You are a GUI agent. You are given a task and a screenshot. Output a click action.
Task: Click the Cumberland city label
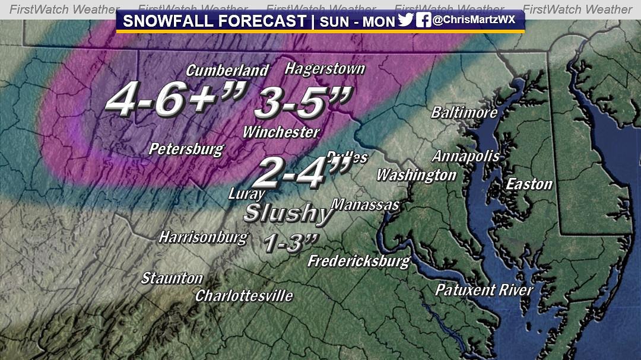[227, 71]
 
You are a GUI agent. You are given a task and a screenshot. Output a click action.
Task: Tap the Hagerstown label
[325, 68]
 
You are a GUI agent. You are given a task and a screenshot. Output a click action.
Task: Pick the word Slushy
[288, 213]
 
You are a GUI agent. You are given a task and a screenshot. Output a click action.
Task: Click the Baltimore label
[464, 112]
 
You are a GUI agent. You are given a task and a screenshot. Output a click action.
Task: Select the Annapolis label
[465, 157]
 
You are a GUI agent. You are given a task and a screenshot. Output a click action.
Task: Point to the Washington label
[416, 175]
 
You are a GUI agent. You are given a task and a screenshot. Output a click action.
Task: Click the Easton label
[529, 184]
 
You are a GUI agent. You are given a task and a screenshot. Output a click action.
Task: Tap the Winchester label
[281, 132]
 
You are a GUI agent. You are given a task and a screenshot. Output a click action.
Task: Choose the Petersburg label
[186, 149]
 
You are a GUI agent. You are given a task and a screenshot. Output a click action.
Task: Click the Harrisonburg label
[202, 238]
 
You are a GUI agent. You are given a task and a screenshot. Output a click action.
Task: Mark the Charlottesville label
[244, 295]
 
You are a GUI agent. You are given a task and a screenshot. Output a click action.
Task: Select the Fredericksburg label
[358, 261]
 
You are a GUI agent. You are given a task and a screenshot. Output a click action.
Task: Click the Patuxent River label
[484, 290]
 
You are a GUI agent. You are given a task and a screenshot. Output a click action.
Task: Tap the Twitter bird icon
[405, 21]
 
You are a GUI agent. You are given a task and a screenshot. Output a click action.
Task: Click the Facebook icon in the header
[423, 21]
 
